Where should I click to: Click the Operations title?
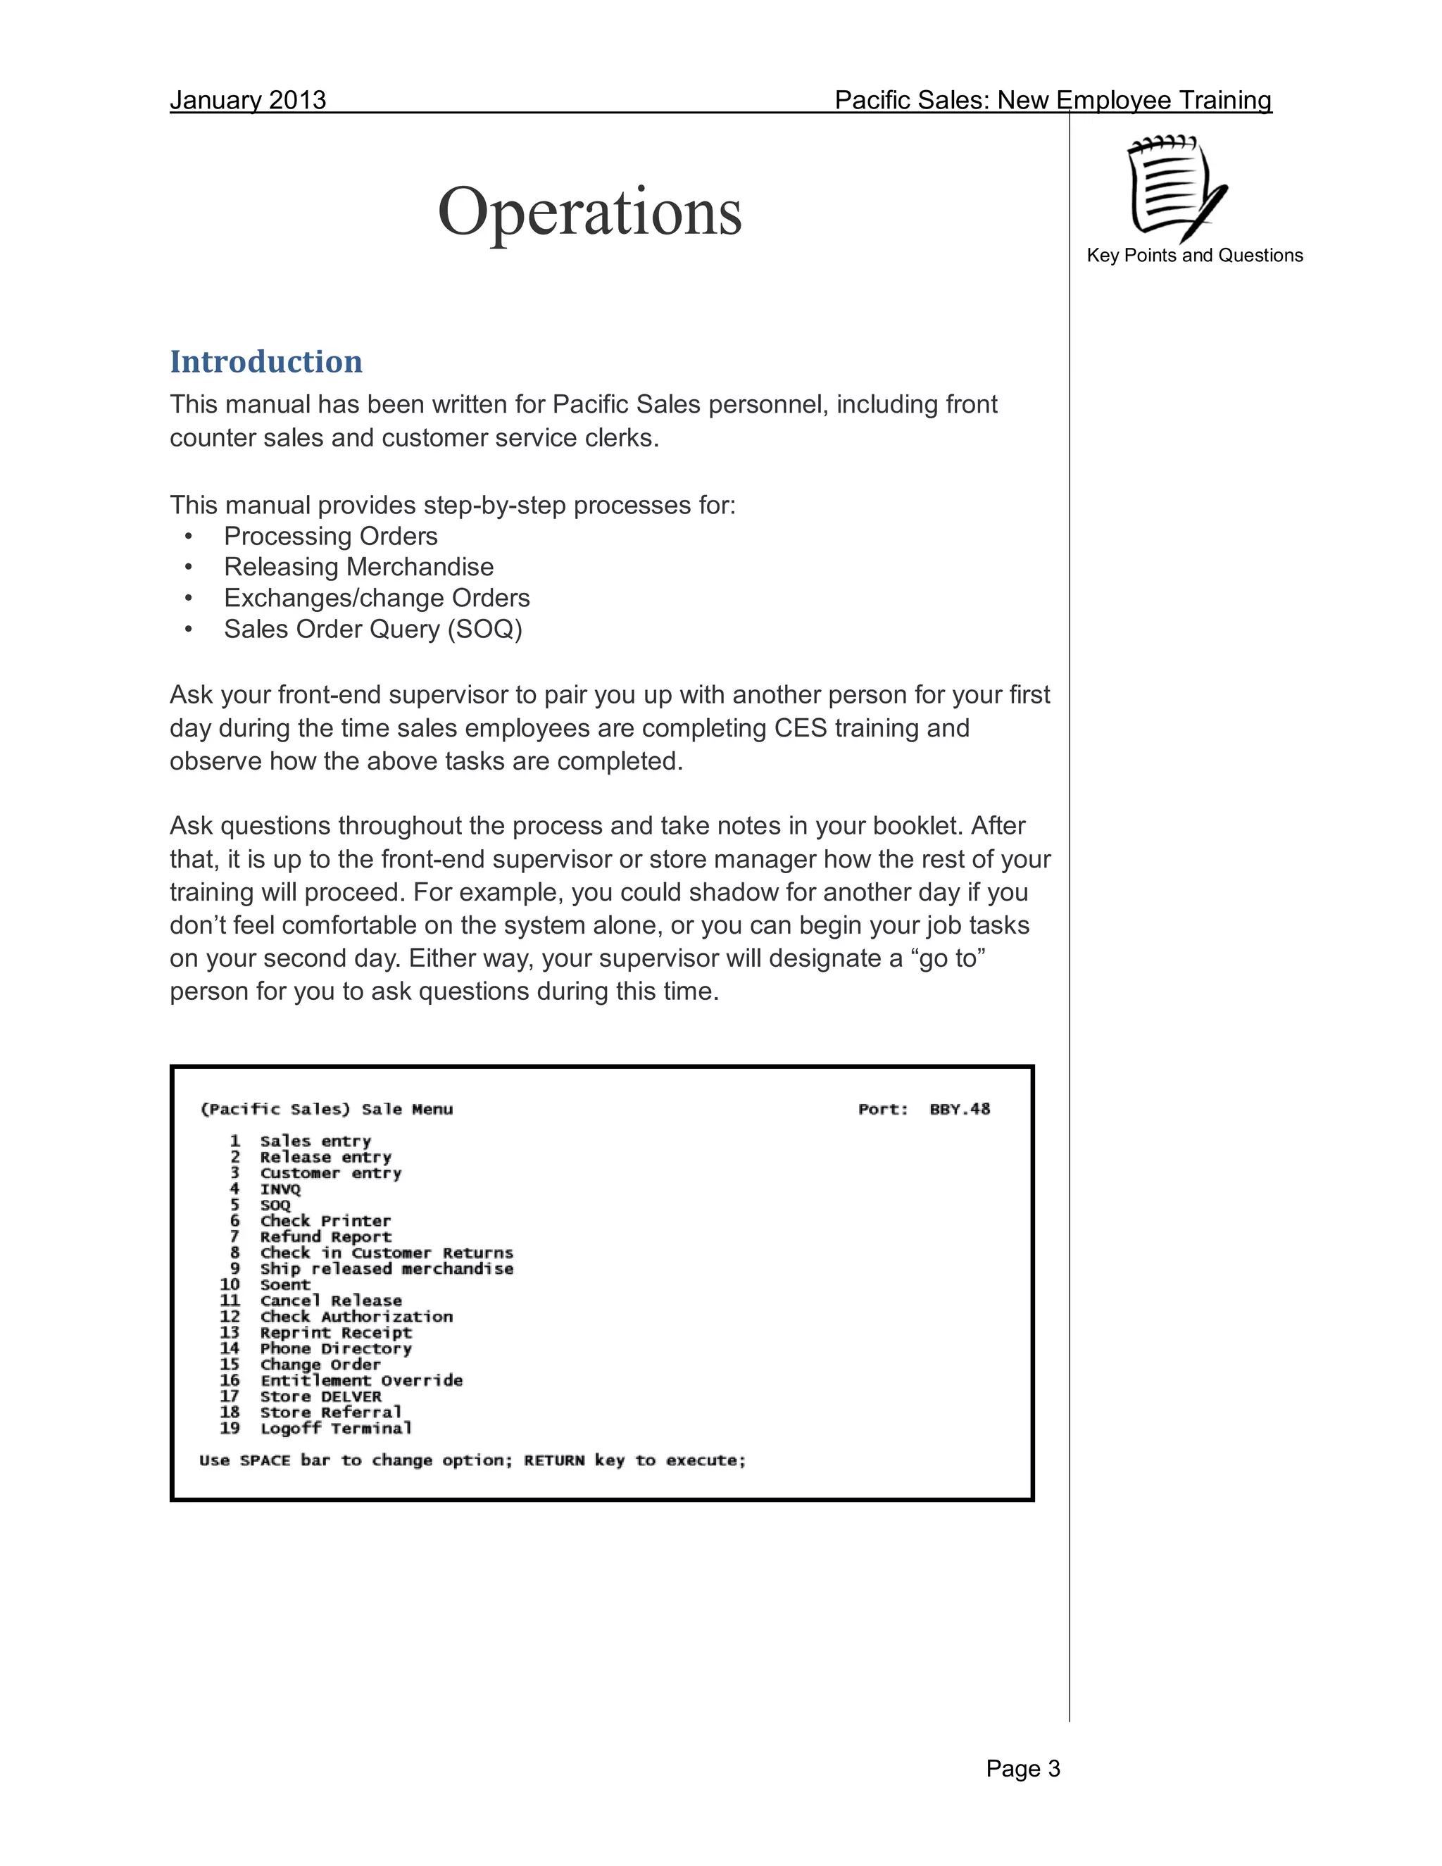coord(589,212)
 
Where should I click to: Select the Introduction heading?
coord(265,361)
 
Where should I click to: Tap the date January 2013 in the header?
coord(248,100)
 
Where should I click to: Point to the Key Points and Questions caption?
coord(1194,256)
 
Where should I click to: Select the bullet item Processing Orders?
coord(331,537)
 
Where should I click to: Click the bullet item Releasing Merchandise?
coord(359,568)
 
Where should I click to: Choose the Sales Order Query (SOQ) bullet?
coord(372,630)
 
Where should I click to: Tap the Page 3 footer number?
coord(1022,1769)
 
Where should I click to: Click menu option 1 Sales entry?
coord(315,1141)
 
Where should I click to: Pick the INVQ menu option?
coord(280,1189)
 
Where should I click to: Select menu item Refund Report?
coord(325,1237)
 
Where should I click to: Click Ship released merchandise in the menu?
coord(386,1269)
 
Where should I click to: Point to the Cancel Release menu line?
coord(331,1301)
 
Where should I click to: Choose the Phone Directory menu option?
coord(336,1348)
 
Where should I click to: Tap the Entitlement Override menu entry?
coord(361,1381)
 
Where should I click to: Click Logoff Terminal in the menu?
coord(336,1429)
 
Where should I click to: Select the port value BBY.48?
coord(960,1109)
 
